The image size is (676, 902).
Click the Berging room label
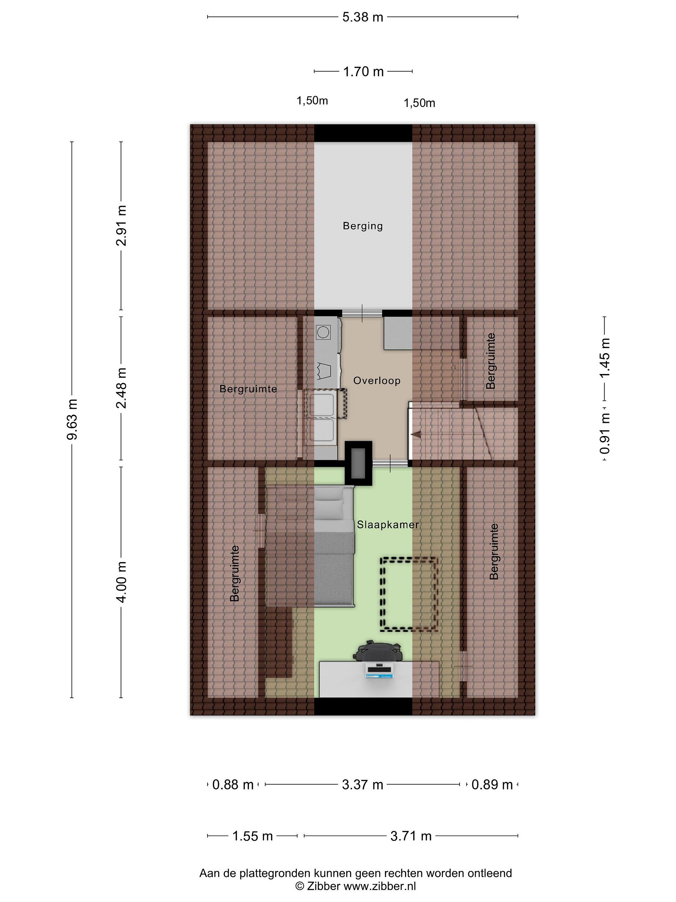pyautogui.click(x=363, y=226)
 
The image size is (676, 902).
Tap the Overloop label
pyautogui.click(x=376, y=381)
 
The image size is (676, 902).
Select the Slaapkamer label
pyautogui.click(x=388, y=525)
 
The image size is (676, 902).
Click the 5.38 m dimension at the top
pyautogui.click(x=363, y=17)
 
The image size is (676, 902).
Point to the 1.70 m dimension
pyautogui.click(x=363, y=72)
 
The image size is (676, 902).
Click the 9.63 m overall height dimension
pyautogui.click(x=72, y=420)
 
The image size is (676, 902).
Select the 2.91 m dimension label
pyautogui.click(x=121, y=225)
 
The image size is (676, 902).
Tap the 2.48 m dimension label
pyautogui.click(x=121, y=388)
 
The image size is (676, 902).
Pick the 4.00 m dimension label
pyautogui.click(x=121, y=582)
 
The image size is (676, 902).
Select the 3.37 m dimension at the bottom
pyautogui.click(x=363, y=785)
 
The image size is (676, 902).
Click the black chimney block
pyautogui.click(x=359, y=463)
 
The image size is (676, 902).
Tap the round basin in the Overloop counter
pyautogui.click(x=323, y=332)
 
